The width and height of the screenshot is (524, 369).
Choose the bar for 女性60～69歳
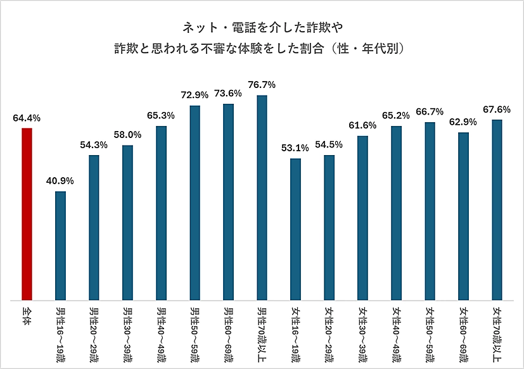tap(463, 216)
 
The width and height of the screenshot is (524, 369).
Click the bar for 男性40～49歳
tap(161, 213)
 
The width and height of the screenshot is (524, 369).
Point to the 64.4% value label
tap(27, 118)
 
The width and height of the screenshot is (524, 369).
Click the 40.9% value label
tap(60, 181)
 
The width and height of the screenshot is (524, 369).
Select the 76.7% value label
tap(262, 85)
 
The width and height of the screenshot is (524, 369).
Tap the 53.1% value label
tap(295, 148)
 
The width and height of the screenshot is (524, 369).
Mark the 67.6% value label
tap(497, 109)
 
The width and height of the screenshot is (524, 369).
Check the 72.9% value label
tap(195, 95)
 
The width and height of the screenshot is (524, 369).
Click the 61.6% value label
tap(362, 125)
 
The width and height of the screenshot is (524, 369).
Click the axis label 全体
tap(27, 316)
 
